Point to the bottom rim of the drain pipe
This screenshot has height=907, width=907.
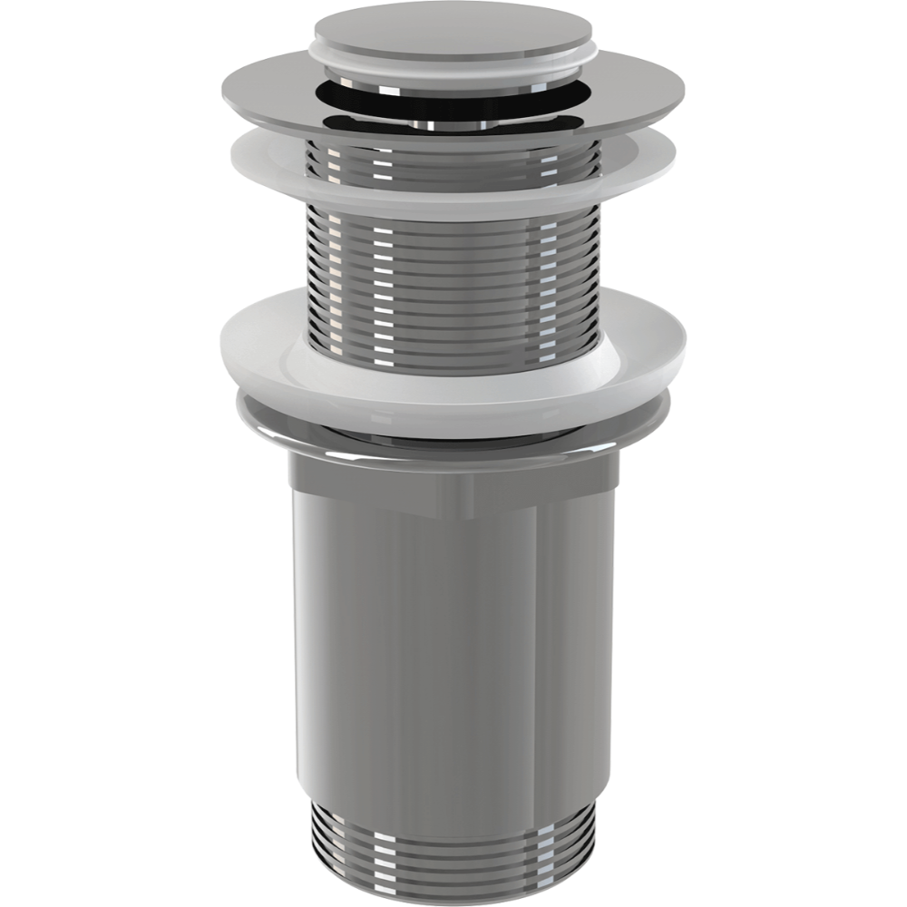pos(453,877)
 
